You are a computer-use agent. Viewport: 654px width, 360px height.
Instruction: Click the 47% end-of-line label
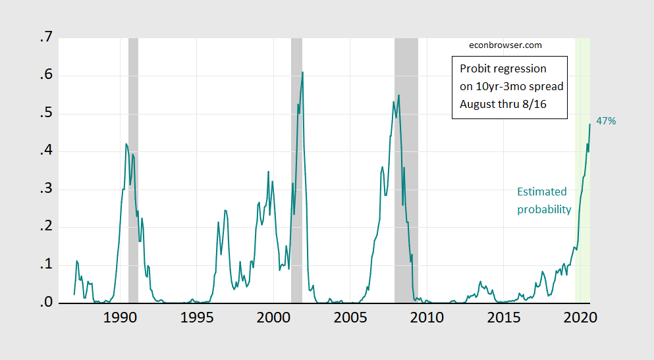coord(606,121)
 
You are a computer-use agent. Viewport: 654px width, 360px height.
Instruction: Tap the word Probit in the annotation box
coord(476,68)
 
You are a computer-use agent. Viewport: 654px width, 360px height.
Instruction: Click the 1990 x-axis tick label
coord(120,317)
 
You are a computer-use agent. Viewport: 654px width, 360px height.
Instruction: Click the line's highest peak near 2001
coord(302,72)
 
